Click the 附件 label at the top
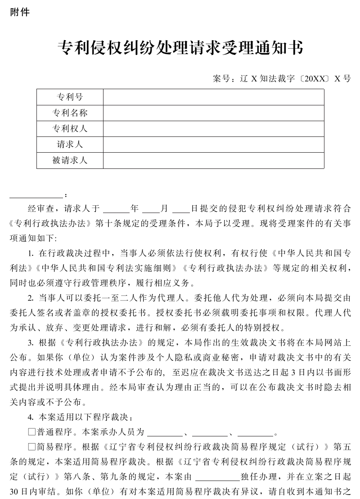(20, 13)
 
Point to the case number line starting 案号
(282, 78)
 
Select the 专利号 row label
(70, 97)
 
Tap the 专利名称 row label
(70, 113)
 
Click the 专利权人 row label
(70, 129)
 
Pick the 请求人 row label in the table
(70, 145)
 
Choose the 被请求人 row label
(70, 160)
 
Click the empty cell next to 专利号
(214, 97)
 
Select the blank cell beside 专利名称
(214, 113)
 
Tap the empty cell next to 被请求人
(214, 160)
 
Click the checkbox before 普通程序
(32, 432)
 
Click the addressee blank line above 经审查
(36, 196)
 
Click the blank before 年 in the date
(116, 209)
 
